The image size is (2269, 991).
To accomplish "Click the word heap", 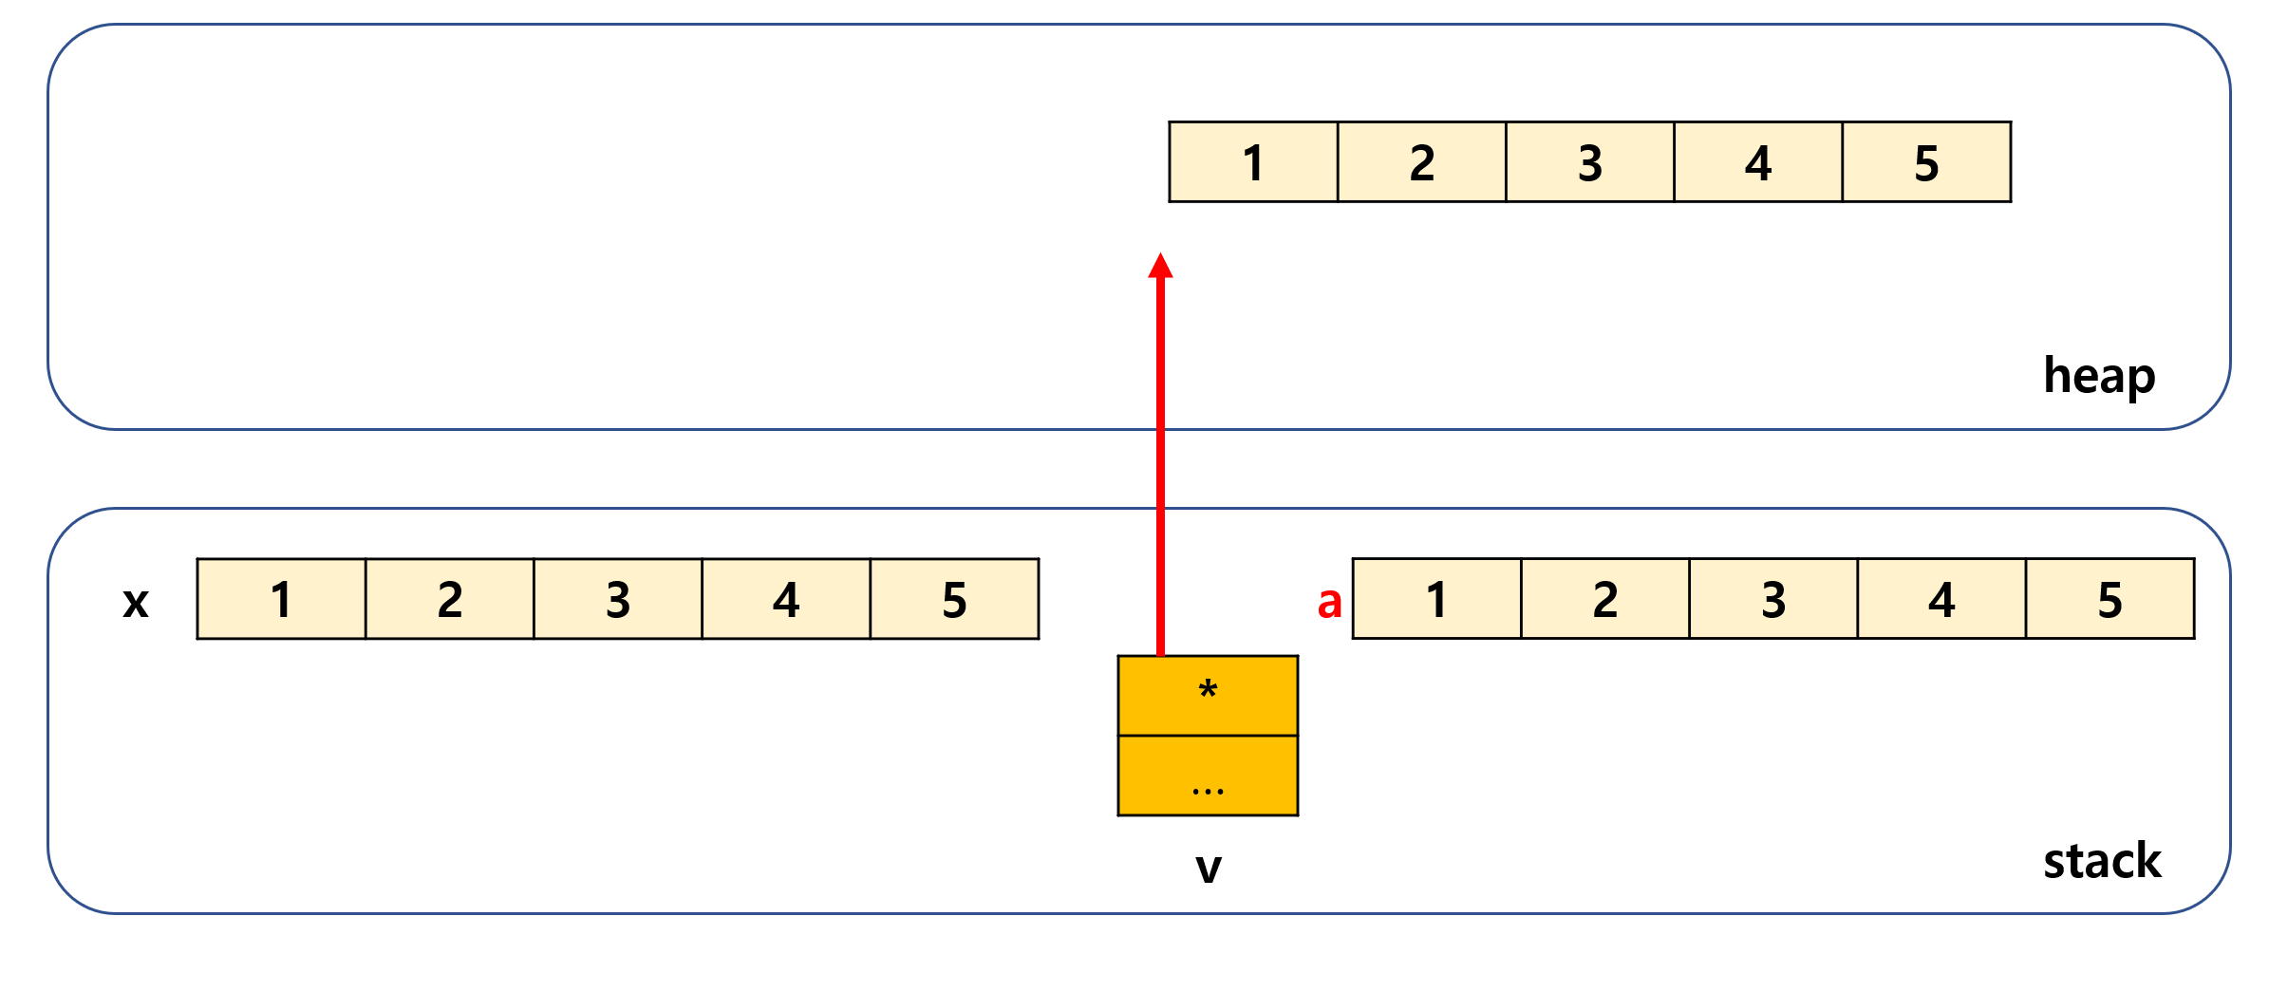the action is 2099,377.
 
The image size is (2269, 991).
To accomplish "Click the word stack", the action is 2102,861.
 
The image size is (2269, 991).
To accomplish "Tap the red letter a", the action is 1329,602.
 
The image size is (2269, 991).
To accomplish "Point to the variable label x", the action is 136,602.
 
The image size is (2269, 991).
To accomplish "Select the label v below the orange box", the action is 1208,867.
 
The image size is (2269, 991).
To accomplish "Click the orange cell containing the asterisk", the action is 1208,695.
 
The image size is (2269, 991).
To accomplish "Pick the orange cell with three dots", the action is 1208,776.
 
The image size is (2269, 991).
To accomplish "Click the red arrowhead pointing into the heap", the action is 1160,266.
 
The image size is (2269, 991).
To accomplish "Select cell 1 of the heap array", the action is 1253,162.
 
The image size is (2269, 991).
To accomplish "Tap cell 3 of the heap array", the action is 1590,162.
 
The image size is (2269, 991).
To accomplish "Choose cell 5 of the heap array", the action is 1926,162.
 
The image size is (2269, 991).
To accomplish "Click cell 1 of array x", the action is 281,599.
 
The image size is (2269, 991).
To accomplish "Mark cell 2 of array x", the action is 450,599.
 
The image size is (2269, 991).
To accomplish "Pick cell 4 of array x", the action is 786,599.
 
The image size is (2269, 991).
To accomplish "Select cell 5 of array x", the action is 954,599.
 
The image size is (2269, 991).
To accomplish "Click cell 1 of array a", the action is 1436,599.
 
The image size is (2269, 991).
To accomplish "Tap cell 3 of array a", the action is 1773,599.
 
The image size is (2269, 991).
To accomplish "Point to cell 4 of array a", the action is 1941,599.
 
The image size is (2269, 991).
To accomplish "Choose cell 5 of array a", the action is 2110,599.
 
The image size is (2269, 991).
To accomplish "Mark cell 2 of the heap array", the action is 1421,162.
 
